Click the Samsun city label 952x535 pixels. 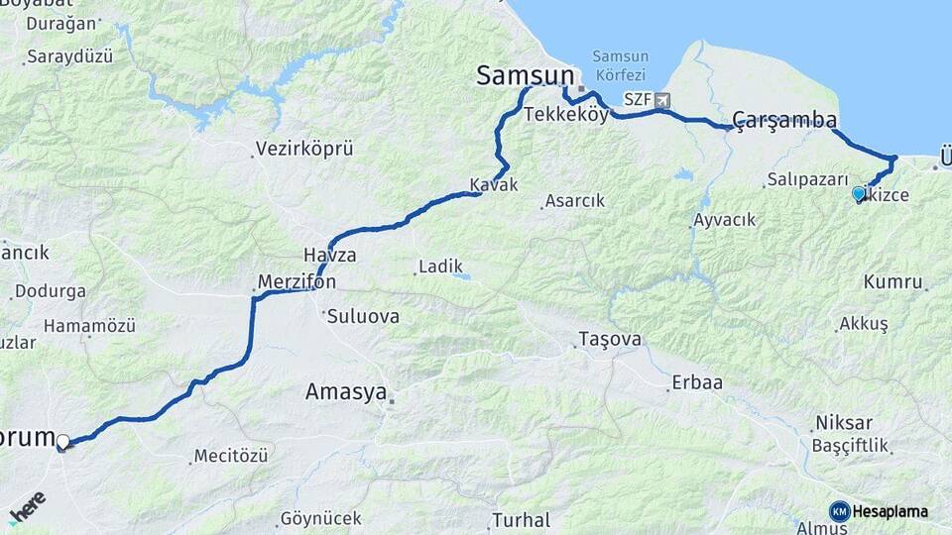(525, 75)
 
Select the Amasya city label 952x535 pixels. (345, 392)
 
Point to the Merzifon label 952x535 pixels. (297, 282)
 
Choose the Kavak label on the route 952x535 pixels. (494, 184)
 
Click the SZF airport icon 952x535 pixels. (662, 100)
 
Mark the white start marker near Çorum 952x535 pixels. (63, 442)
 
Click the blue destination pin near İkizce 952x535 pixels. (859, 193)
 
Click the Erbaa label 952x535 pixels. (697, 382)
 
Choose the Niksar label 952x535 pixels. (843, 422)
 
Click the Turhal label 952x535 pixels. (521, 519)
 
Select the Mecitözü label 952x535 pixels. (230, 457)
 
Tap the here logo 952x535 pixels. (27, 506)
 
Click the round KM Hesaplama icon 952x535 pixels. (840, 511)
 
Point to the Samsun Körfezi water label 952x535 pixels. (619, 65)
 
